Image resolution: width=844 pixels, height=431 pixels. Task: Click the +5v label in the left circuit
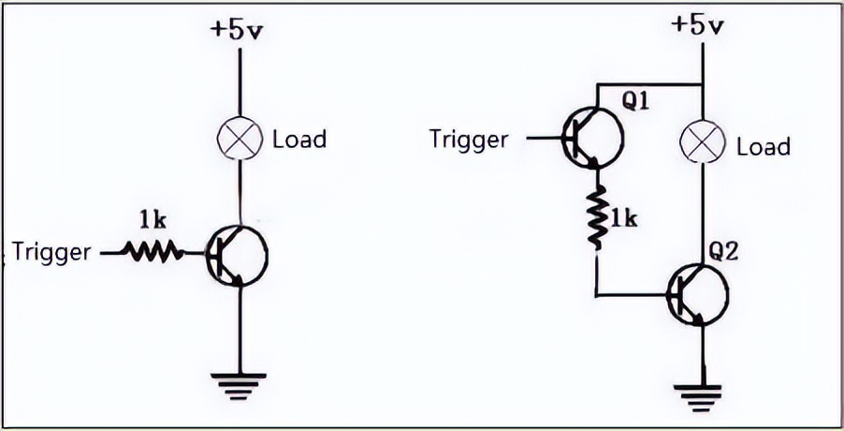coord(237,30)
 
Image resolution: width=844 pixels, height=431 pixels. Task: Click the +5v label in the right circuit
coord(698,24)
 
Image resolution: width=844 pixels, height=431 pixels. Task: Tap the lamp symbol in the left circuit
coord(240,138)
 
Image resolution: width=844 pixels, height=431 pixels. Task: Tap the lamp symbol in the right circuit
coord(703,141)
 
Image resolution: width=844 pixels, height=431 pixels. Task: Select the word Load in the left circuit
coord(299,139)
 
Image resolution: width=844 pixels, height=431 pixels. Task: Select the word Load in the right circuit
coord(764,146)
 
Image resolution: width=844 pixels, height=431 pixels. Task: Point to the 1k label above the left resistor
coord(153,219)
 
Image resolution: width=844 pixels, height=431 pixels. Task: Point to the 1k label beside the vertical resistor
coord(623,218)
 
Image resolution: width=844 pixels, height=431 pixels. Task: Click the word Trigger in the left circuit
coord(51,252)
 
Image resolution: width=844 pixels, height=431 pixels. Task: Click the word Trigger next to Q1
coord(469,140)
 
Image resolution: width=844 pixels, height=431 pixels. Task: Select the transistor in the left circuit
coord(237,255)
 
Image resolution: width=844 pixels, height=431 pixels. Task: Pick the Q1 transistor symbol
coord(592,138)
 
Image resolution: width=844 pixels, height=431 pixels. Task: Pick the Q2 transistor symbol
coord(698,295)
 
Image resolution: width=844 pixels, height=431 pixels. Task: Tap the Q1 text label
coord(635,101)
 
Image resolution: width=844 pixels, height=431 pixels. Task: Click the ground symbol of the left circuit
coord(238,386)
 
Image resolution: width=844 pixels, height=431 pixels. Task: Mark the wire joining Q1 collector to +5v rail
coord(649,85)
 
